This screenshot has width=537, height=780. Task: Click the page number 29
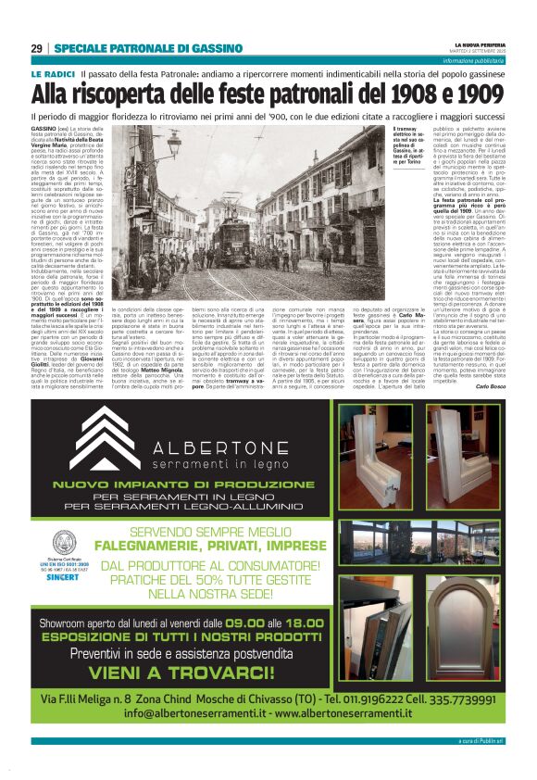pyautogui.click(x=36, y=48)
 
